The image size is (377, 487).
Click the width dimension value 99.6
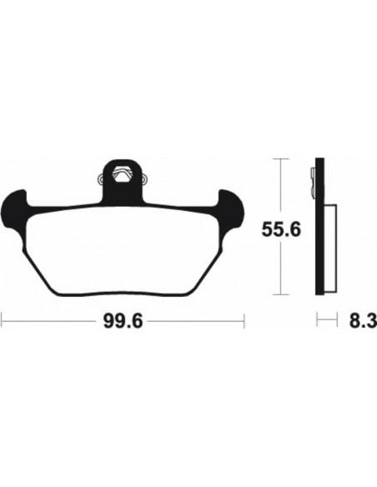click(123, 319)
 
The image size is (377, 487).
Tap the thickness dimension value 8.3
click(364, 319)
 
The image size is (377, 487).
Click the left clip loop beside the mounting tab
click(101, 178)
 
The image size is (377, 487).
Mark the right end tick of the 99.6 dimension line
click(244, 319)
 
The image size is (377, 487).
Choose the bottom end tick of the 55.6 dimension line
click(284, 294)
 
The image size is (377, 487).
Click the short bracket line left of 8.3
click(319, 319)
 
